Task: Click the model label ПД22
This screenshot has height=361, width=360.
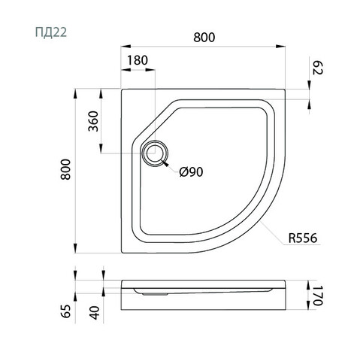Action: point(51,32)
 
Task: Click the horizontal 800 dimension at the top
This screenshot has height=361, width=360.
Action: point(204,38)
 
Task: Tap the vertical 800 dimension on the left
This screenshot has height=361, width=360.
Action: point(65,169)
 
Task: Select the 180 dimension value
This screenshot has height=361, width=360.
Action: point(138,60)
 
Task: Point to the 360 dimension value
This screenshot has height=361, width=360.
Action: point(93,121)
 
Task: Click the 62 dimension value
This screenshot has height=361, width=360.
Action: point(318,68)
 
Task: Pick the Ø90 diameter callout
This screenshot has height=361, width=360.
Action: point(191,172)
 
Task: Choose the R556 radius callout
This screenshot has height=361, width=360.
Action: point(303,238)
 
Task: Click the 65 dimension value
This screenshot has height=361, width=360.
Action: point(66,311)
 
